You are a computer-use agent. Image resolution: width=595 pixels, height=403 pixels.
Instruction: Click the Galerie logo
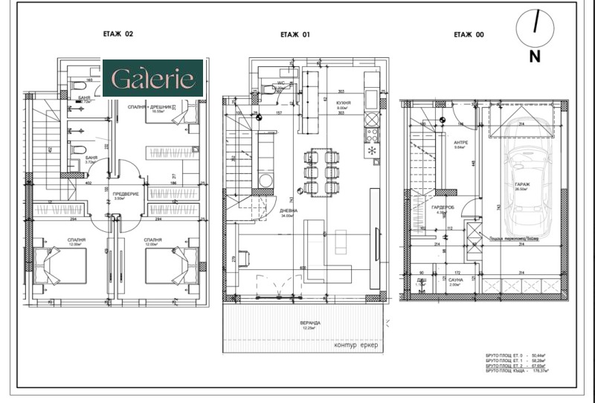152,79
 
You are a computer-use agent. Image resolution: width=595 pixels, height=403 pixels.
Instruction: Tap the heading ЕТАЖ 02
118,34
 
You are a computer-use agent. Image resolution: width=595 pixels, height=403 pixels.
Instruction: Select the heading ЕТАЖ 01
295,34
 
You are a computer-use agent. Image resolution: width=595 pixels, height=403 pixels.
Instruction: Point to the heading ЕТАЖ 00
469,34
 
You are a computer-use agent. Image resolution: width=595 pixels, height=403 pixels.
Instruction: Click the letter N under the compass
535,56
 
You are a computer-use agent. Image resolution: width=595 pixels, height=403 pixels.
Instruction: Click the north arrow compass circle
535,25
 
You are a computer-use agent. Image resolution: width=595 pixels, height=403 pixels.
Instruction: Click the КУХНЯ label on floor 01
343,103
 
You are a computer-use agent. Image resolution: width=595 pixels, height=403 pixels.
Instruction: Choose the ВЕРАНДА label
312,323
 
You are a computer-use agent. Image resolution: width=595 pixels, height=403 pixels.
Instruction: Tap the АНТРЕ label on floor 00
459,143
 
